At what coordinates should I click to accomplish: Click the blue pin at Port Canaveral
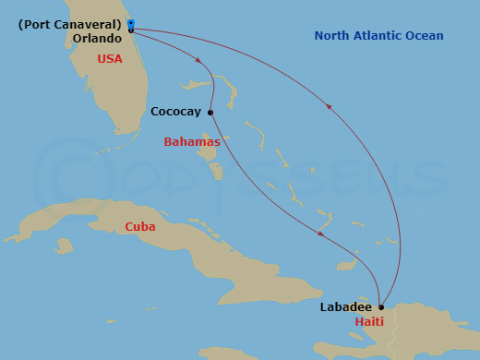click(131, 24)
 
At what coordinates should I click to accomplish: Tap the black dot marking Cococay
click(210, 113)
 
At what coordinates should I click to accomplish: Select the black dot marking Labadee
click(381, 306)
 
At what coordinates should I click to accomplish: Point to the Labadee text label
click(346, 306)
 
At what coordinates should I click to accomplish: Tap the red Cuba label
click(140, 226)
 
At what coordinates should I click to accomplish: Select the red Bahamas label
click(191, 142)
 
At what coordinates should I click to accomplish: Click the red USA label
click(110, 59)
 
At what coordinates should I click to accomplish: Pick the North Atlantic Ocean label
click(378, 36)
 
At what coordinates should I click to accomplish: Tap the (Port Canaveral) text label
click(70, 24)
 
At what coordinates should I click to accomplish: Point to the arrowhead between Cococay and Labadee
click(320, 234)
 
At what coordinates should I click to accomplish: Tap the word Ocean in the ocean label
click(426, 36)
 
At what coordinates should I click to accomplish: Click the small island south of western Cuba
click(64, 246)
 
